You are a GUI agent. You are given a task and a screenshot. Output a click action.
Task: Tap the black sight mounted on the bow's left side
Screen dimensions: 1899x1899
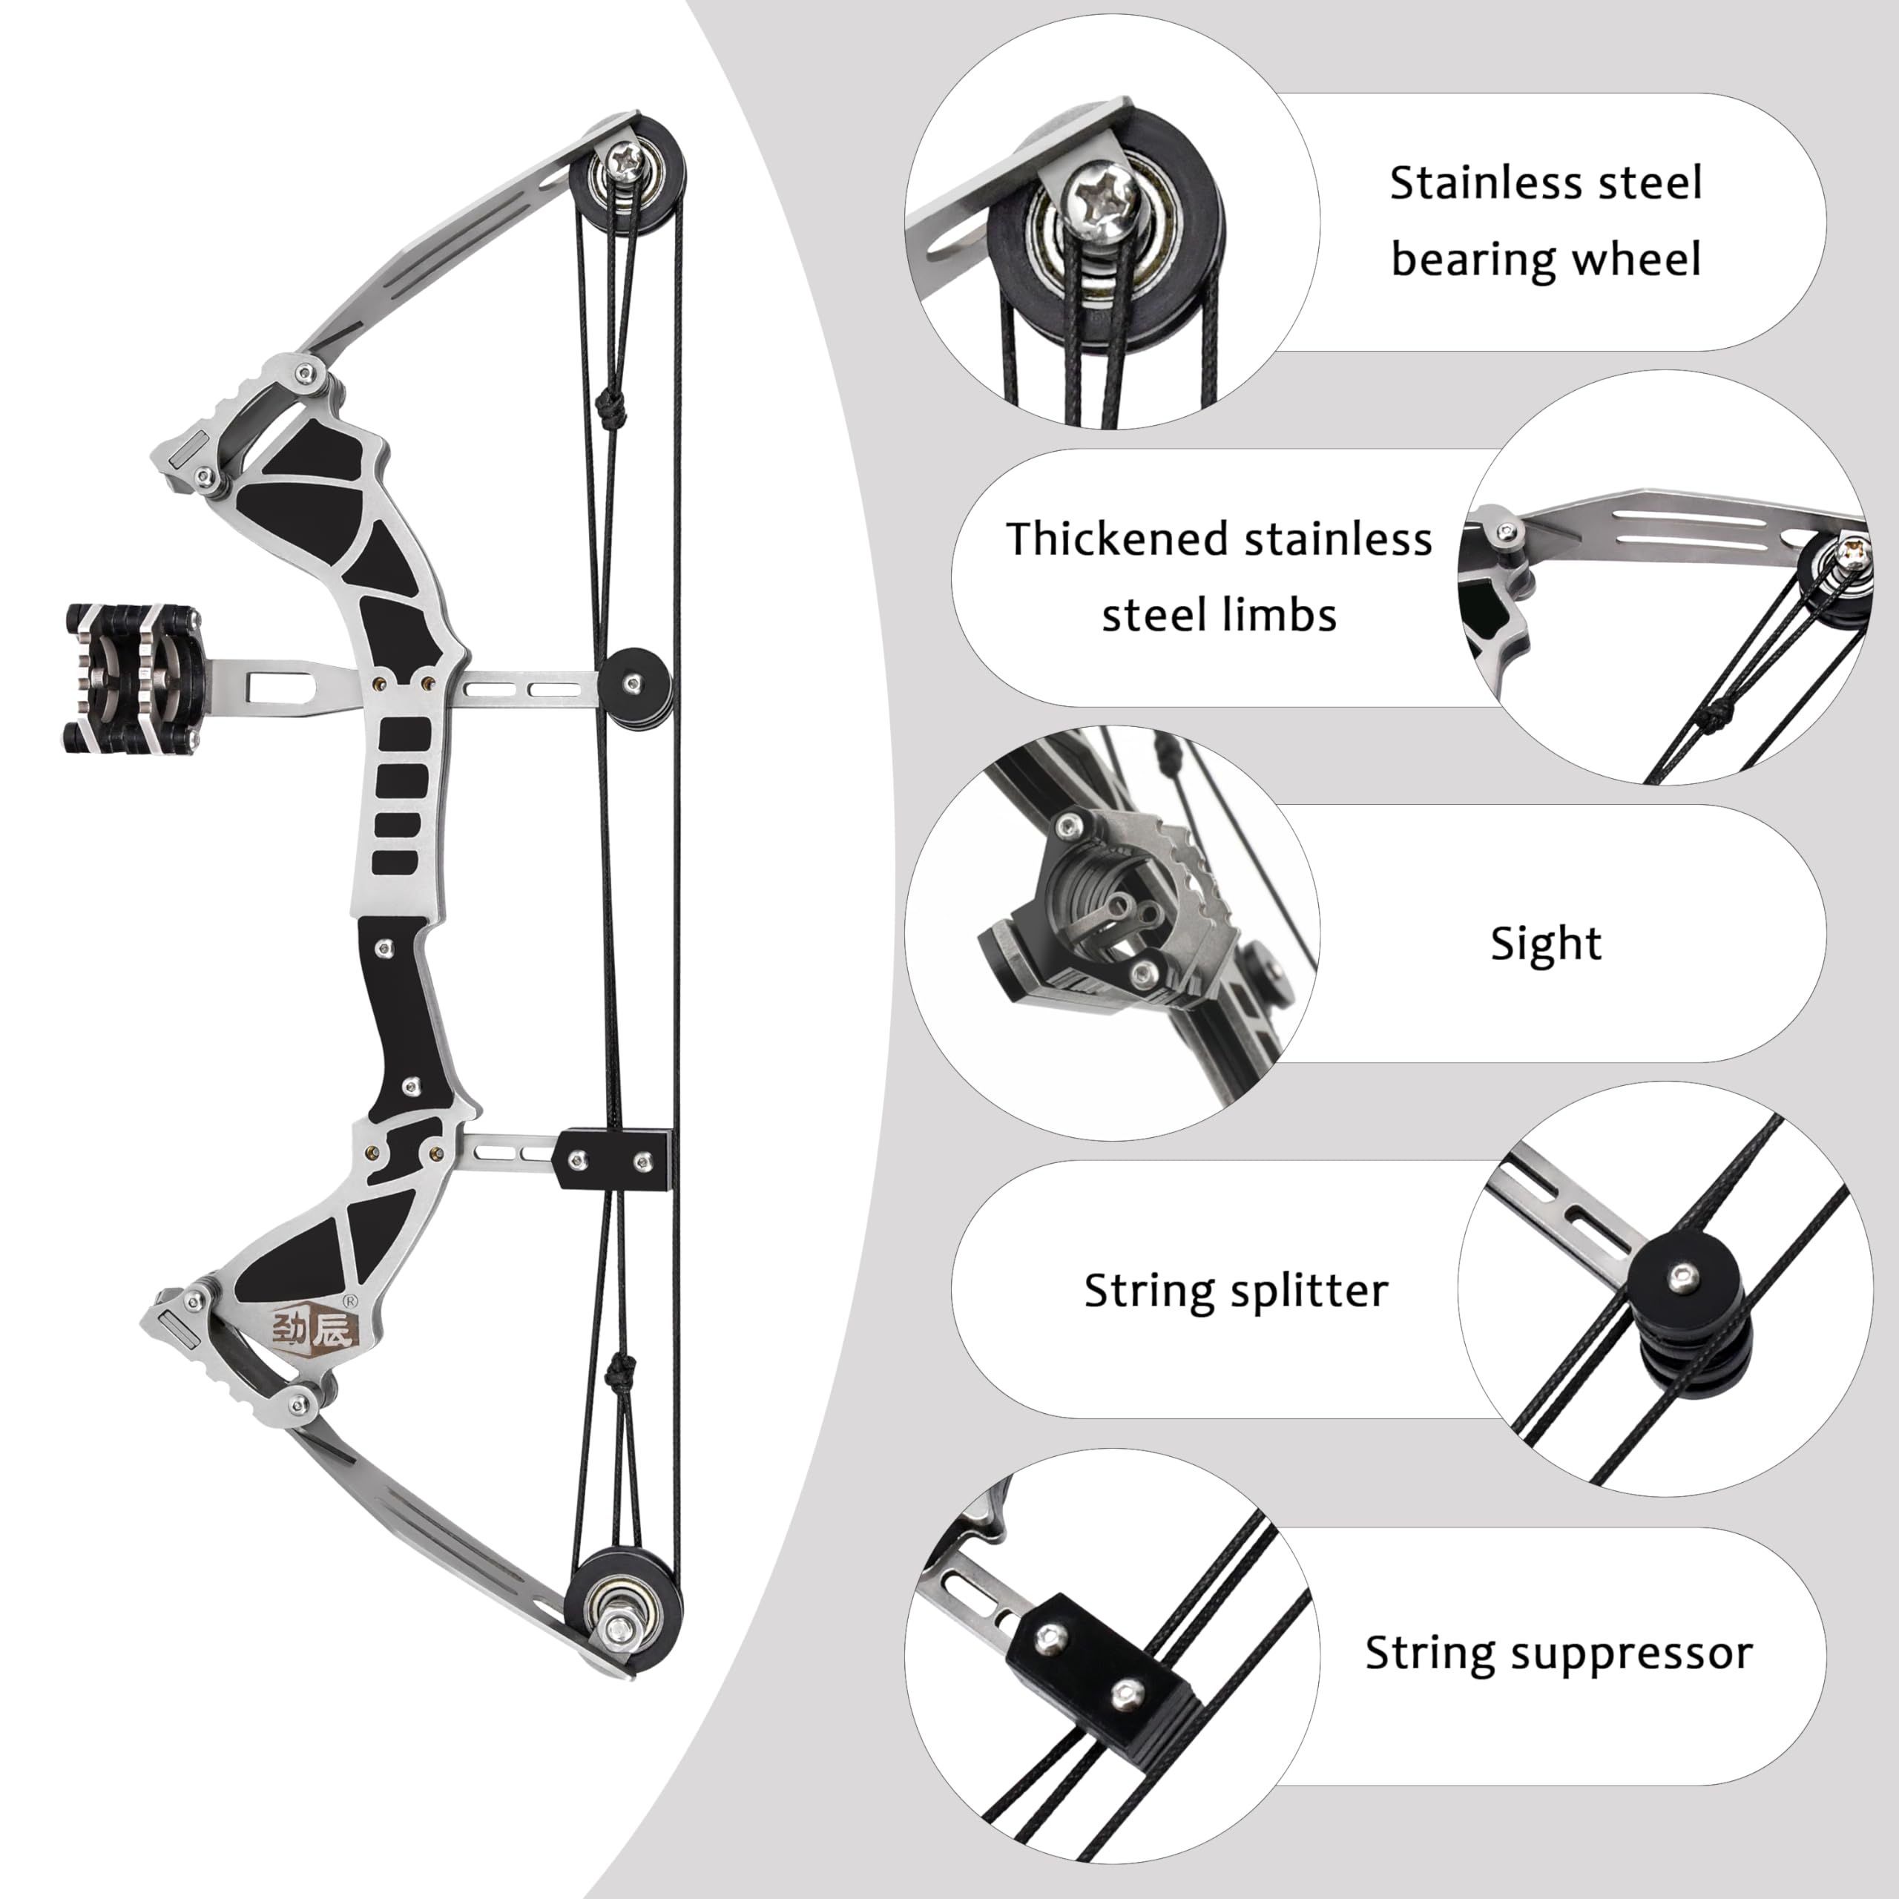pyautogui.click(x=133, y=680)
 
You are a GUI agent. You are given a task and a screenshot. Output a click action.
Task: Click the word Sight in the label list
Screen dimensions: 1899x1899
pyautogui.click(x=1544, y=944)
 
